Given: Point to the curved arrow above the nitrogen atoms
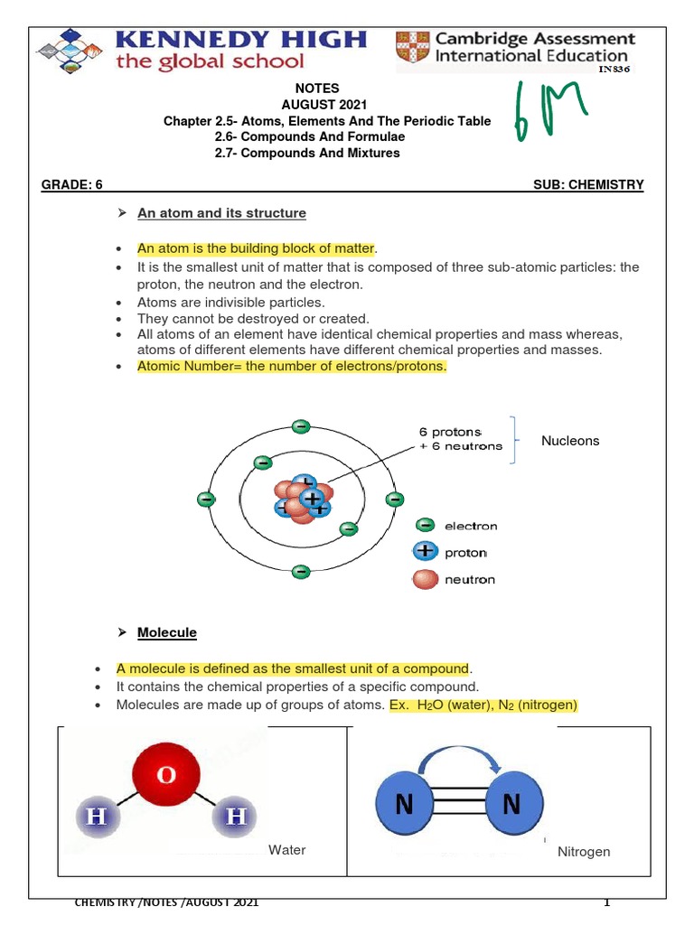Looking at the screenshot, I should [458, 755].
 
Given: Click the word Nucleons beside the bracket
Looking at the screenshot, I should [570, 441].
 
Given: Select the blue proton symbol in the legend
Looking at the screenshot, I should [425, 552].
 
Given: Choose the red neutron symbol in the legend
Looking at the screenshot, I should [425, 579].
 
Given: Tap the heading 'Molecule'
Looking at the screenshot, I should [166, 633].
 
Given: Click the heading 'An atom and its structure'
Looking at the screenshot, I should [221, 213].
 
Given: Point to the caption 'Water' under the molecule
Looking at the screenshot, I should [287, 850].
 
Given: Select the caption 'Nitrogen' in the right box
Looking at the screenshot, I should [584, 852].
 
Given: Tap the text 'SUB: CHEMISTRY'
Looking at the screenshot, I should [589, 185].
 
